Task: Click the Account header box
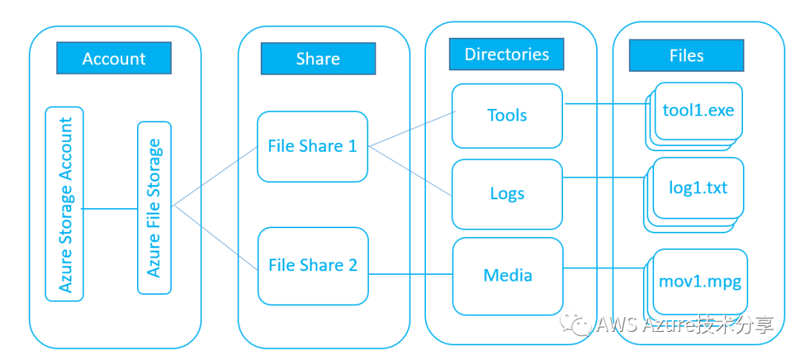click(114, 59)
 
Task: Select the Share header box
click(318, 59)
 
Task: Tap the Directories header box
click(507, 54)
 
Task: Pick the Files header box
click(686, 56)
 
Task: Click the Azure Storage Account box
click(64, 204)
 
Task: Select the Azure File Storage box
click(154, 207)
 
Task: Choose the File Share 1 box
click(313, 146)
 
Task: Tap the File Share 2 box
click(313, 265)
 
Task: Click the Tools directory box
click(507, 116)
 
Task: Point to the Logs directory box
click(507, 194)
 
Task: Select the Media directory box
click(507, 276)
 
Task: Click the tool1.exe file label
click(699, 110)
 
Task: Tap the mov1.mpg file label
click(700, 281)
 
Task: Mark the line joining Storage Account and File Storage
click(110, 209)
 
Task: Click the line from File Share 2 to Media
click(410, 275)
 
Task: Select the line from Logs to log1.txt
click(604, 178)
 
